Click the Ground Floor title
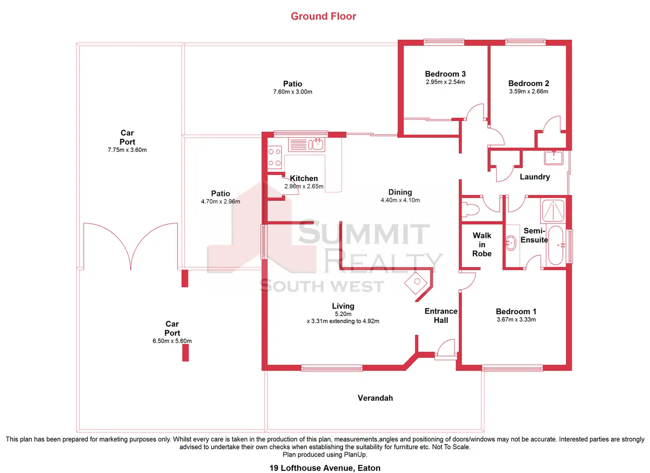(x=323, y=16)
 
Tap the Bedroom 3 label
(x=445, y=74)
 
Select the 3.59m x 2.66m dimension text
(x=529, y=91)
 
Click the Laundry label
(x=535, y=177)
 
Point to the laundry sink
(x=553, y=157)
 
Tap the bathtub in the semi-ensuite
(x=556, y=245)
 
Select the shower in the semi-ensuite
(x=553, y=211)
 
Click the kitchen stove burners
(x=274, y=157)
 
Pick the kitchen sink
(x=316, y=144)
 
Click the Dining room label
(x=400, y=192)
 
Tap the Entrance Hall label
(x=441, y=316)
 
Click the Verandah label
(x=375, y=398)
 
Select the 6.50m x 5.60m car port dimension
(x=172, y=341)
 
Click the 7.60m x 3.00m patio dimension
(x=292, y=92)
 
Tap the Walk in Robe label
(x=482, y=245)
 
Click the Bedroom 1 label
(x=516, y=311)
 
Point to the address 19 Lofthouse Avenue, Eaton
(x=325, y=468)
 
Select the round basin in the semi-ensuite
(x=511, y=243)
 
